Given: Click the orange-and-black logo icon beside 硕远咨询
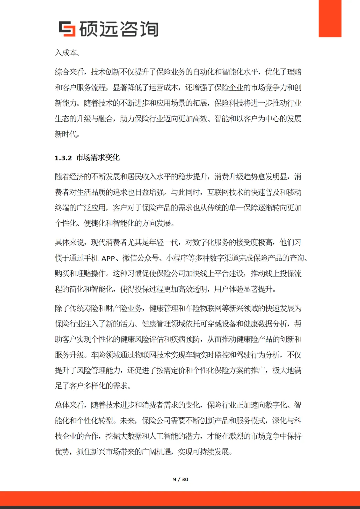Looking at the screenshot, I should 67,29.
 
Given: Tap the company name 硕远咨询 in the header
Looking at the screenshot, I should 119,29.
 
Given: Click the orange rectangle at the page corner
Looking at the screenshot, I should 330,18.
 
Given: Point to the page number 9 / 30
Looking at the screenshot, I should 181,479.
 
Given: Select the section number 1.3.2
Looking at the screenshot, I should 63,158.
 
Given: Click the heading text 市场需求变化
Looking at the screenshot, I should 98,158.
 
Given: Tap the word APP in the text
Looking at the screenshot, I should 108,258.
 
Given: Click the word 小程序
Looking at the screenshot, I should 177,258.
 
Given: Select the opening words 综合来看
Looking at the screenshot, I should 69,72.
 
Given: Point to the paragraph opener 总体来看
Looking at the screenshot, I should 69,405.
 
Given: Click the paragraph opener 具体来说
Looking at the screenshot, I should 69,243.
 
